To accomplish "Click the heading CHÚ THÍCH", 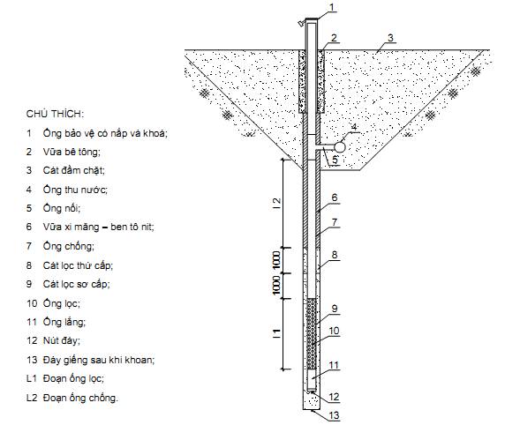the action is click(55, 114).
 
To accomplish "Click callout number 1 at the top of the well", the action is click(333, 7).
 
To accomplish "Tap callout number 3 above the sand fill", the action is click(390, 38).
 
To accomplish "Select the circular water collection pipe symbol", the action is click(339, 147).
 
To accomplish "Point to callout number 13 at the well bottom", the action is click(334, 415).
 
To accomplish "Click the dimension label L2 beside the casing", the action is click(276, 204).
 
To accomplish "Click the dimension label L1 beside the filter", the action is click(276, 333).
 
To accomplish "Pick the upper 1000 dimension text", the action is click(276, 260).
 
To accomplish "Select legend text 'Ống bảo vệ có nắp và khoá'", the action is click(105, 133).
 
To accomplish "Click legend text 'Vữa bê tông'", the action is click(72, 152).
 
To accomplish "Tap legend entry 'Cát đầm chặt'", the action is click(74, 170).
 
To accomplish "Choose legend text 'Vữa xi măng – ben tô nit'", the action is click(99, 227).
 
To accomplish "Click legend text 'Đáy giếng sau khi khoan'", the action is click(99, 360).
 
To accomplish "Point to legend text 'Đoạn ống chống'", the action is click(80, 398).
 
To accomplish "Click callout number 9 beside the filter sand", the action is click(335, 309).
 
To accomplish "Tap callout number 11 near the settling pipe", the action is click(334, 365).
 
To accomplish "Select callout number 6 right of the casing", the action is click(335, 198).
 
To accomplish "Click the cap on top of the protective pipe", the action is click(311, 20).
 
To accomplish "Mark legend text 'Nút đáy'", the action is click(62, 340).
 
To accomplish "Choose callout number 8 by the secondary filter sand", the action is click(335, 255).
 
